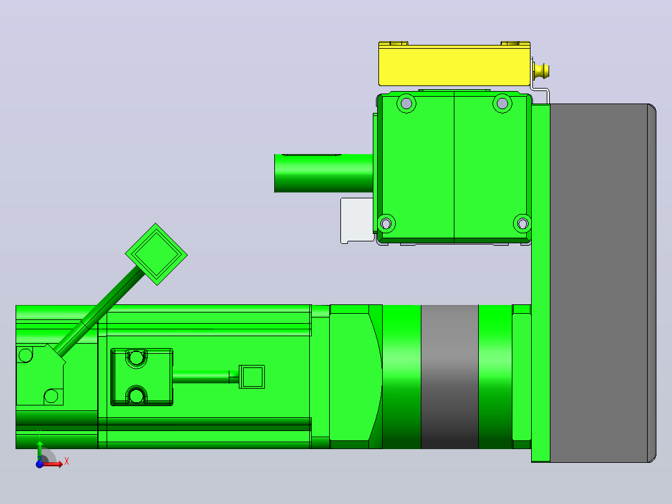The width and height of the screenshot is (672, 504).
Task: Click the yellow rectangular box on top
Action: point(454,64)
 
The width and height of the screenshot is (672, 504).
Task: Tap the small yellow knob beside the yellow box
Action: point(541,71)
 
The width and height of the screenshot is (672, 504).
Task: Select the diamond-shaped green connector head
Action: point(156,254)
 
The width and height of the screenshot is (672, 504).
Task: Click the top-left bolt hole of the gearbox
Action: point(406,104)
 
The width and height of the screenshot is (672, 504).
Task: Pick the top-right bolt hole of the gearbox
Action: point(502,104)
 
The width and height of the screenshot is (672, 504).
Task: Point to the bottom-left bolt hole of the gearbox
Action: point(386,223)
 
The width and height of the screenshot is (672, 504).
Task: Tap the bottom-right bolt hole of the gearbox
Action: point(522,223)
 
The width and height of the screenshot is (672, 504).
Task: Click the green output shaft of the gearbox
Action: point(324,173)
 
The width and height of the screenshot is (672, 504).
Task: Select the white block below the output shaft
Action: point(357,220)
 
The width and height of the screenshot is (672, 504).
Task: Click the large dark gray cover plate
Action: point(603,283)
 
